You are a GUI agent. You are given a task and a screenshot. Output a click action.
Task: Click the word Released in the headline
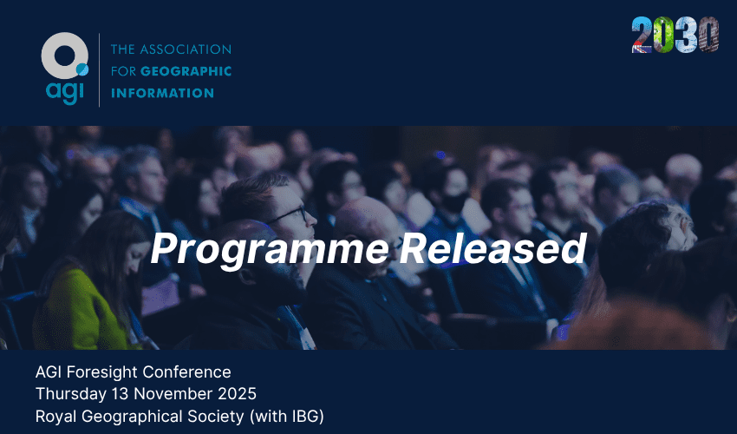[x=492, y=247]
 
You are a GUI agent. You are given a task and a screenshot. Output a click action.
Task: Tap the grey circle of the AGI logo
[x=64, y=56]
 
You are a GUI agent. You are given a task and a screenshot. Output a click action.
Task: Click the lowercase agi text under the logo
[x=65, y=92]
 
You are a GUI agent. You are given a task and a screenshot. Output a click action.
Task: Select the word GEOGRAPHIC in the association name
[x=186, y=71]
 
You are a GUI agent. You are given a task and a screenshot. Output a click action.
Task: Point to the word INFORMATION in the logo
[x=163, y=93]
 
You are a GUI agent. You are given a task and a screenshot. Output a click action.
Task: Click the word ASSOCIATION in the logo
[x=186, y=49]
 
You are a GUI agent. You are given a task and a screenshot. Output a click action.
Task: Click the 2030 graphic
[x=675, y=35]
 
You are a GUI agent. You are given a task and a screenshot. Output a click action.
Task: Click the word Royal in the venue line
[x=56, y=417]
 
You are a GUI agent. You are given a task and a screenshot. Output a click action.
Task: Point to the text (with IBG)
[x=287, y=417]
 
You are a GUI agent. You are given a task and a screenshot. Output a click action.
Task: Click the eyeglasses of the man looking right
[x=289, y=215]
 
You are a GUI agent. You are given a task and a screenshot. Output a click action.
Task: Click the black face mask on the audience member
[x=454, y=203]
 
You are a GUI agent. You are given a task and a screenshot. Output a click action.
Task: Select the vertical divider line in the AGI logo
[x=99, y=70]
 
